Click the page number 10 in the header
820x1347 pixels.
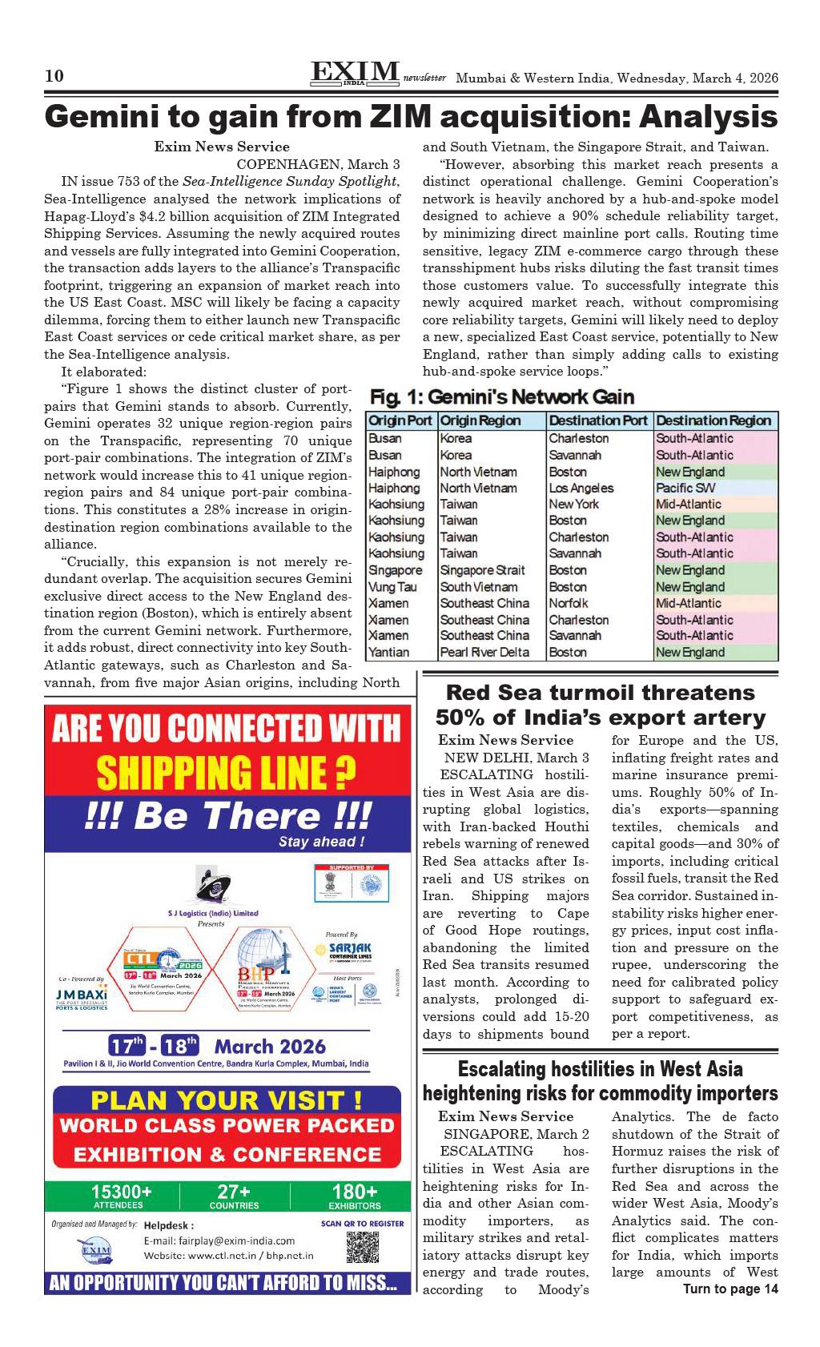coord(54,77)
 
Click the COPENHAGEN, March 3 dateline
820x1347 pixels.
coord(318,164)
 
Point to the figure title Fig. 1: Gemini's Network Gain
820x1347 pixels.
coord(501,397)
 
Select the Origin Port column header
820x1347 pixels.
coord(400,421)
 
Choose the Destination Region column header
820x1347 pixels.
coord(713,421)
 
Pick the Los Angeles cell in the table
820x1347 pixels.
coord(581,488)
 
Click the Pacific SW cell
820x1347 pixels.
coord(685,488)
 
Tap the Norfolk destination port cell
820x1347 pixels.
coord(568,603)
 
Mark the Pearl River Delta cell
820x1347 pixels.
coord(484,652)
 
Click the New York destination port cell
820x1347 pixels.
coord(573,505)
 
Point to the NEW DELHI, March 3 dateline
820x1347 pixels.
coord(517,758)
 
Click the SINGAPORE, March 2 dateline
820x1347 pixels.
coord(517,1134)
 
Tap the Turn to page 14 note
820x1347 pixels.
coord(730,1289)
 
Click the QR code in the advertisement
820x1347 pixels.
coord(362,1248)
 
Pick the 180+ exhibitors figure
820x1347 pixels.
coord(354,1194)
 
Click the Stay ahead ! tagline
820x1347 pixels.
coord(321,842)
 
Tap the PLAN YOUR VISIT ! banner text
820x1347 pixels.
coord(226,1100)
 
